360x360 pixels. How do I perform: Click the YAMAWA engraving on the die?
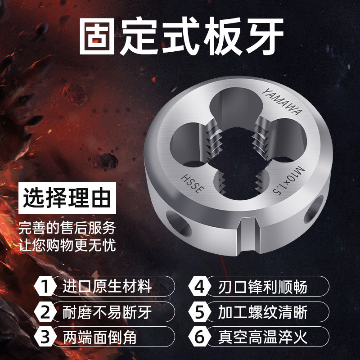282,102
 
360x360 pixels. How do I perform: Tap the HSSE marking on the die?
193,184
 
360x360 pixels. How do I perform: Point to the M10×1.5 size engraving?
289,180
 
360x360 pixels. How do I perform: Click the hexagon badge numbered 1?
45,286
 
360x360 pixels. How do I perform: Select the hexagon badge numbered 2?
45,312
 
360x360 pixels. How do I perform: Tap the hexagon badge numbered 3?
45,337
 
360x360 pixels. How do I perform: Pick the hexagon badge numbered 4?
199,286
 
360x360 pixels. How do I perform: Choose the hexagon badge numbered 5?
199,312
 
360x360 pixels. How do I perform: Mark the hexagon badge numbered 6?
199,337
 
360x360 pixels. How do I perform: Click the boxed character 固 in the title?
97,36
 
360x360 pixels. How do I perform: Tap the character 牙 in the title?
265,36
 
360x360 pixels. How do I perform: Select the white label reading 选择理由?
67,198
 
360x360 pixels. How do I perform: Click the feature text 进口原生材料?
107,286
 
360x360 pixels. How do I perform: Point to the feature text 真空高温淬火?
263,337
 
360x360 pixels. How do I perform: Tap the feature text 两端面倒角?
99,337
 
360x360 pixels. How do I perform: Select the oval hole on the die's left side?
179,224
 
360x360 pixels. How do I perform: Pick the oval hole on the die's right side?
314,209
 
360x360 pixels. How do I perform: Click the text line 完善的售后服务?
67,228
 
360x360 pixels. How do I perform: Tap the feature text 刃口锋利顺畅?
263,287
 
